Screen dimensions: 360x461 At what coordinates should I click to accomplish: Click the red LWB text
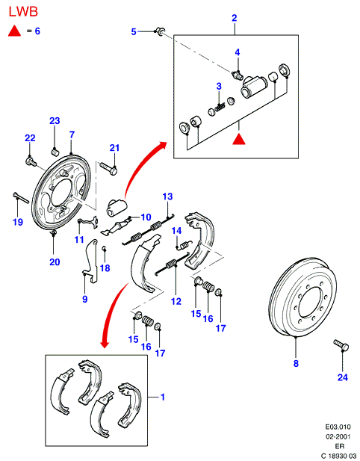(x=23, y=12)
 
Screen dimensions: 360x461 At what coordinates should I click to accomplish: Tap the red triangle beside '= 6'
(x=14, y=31)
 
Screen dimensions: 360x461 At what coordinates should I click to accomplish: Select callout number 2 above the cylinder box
(x=234, y=18)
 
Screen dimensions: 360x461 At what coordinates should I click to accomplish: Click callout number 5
(x=134, y=31)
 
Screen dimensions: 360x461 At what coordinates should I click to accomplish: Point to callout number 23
(x=55, y=121)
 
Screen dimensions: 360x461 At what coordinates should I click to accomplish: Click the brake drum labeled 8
(x=302, y=297)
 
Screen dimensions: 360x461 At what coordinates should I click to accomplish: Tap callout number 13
(x=167, y=197)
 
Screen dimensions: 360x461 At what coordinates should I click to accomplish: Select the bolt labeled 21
(x=108, y=168)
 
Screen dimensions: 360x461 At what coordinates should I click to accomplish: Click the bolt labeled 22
(x=31, y=162)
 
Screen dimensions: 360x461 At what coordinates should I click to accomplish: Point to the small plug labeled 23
(x=55, y=152)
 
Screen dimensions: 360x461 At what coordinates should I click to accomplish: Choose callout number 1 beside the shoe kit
(x=163, y=397)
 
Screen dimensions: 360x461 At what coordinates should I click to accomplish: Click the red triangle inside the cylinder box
(x=239, y=139)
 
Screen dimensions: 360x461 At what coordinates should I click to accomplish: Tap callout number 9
(x=85, y=299)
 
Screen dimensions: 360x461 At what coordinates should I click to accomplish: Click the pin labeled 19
(x=21, y=197)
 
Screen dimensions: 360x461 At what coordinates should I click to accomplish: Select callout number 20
(x=55, y=262)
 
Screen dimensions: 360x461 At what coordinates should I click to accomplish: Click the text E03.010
(x=338, y=427)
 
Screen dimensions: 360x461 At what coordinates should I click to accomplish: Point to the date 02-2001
(x=338, y=436)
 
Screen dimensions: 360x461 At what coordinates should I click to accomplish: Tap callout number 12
(x=176, y=301)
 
